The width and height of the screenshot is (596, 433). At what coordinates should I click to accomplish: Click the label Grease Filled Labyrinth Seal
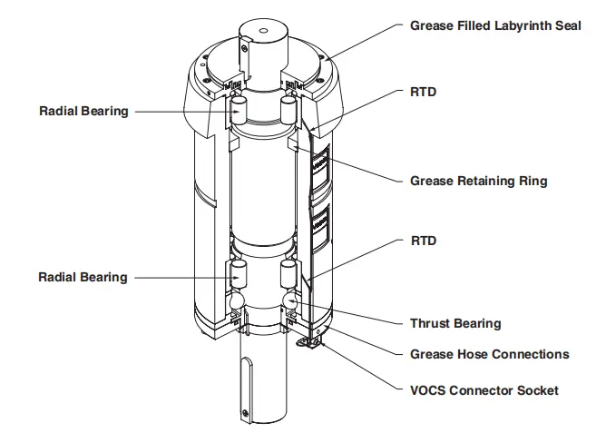point(495,25)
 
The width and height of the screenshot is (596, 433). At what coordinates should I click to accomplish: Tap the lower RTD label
point(423,241)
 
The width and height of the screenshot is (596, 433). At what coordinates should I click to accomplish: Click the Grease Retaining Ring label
point(478,181)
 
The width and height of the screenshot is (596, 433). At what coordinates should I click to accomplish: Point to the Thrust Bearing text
point(454,323)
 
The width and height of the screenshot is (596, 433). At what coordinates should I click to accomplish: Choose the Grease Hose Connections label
point(490,354)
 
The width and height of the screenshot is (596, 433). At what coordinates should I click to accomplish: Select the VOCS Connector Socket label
point(484,390)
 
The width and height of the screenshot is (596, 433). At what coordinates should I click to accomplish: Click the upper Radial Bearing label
point(83,112)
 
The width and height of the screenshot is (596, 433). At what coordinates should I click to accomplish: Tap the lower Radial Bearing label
point(83,276)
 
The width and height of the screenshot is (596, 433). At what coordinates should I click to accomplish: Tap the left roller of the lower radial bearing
point(238,272)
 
